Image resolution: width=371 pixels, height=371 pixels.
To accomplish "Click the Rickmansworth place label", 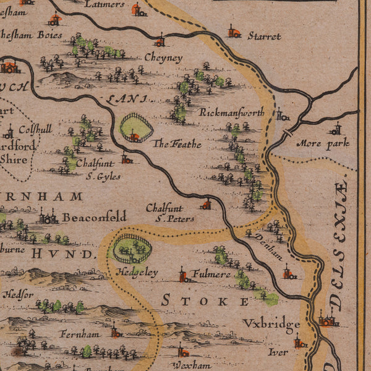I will (x=231, y=113).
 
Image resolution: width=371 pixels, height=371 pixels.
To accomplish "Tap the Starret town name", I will (x=264, y=36).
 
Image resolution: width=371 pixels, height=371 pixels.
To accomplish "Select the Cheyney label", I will (x=163, y=58).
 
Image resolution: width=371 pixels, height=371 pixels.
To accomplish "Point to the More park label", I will (x=323, y=143).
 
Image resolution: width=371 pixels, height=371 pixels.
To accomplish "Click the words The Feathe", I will (x=177, y=144).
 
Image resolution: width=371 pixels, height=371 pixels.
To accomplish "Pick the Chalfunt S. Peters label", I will (x=169, y=213).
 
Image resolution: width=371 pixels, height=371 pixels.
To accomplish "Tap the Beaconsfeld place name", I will (x=94, y=216).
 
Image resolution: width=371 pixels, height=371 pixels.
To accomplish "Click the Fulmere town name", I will (x=211, y=273).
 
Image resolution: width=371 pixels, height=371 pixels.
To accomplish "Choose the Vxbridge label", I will (x=270, y=323).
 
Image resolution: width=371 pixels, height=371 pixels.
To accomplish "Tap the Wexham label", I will (x=188, y=365).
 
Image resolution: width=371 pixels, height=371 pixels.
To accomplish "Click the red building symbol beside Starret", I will (x=233, y=32).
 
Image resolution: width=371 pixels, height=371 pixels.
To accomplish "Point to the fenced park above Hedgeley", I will (x=131, y=249).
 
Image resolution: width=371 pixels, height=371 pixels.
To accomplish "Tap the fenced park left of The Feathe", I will (x=136, y=128).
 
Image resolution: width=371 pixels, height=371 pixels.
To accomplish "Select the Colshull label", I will (x=35, y=130).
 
